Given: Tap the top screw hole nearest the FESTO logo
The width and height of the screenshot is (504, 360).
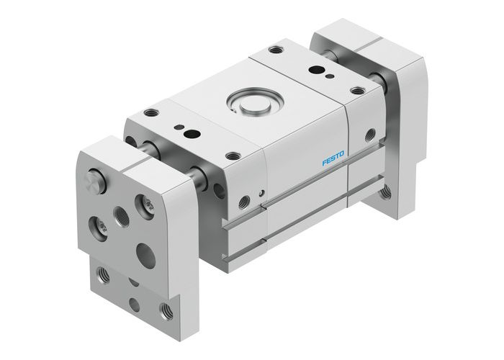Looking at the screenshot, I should pos(232,154).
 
